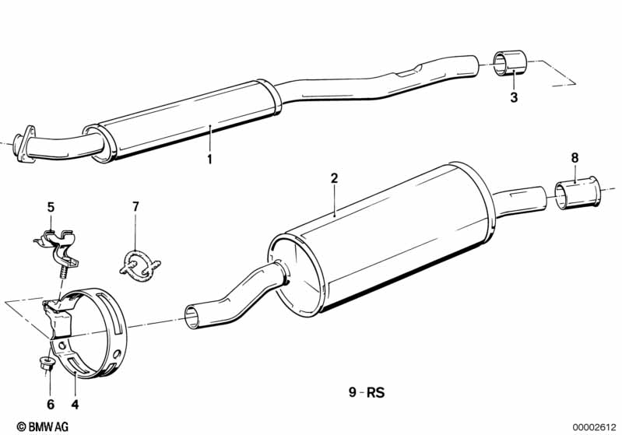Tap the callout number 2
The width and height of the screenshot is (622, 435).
click(x=334, y=178)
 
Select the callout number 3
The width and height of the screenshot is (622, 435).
click(x=513, y=97)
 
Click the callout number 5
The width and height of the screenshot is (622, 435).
click(x=51, y=207)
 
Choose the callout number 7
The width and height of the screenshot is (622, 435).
click(x=135, y=207)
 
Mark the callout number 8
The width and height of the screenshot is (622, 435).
click(x=575, y=158)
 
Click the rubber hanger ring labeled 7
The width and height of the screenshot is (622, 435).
click(x=137, y=263)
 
